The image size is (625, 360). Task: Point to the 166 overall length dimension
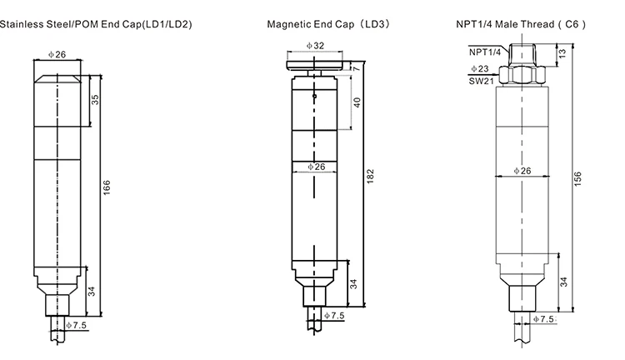106,188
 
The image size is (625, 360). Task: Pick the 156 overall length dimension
577,178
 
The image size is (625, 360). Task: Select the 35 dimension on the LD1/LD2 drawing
94,99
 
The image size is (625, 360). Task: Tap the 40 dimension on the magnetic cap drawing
357,102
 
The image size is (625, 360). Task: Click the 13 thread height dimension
562,53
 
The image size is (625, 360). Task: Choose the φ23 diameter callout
479,69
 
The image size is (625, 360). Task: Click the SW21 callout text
479,81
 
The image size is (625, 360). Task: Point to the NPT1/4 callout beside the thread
482,52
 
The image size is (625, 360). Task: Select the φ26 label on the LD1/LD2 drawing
57,54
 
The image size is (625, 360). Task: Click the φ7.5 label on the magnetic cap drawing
333,316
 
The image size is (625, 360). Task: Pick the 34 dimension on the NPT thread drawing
563,282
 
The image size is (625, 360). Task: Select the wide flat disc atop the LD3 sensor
314,63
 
